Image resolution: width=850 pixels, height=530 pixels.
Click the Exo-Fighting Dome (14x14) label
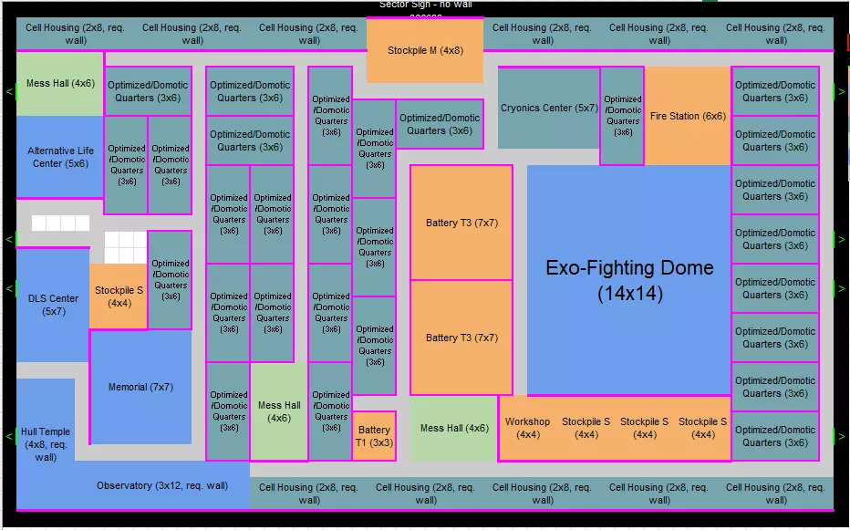tap(629, 280)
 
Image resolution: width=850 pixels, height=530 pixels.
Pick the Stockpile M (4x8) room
tap(425, 50)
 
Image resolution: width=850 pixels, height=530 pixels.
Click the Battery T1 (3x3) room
tap(374, 436)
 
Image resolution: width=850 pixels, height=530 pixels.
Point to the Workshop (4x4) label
tap(527, 428)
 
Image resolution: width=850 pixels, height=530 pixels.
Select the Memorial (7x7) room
tap(140, 387)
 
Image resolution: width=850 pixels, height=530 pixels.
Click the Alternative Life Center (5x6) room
tap(60, 157)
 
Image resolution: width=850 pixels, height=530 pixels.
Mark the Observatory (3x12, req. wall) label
tap(162, 485)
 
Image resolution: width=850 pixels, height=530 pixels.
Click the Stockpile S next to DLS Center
tap(119, 296)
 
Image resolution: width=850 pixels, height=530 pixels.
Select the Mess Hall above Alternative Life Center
tap(60, 84)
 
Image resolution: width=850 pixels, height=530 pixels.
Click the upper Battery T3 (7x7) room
tap(461, 223)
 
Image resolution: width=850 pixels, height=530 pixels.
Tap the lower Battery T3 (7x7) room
tap(461, 338)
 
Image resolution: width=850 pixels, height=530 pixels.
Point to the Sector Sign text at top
tap(425, 5)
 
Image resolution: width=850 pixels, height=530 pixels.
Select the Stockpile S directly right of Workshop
tap(586, 428)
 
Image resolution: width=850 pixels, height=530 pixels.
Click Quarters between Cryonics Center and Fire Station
tap(622, 116)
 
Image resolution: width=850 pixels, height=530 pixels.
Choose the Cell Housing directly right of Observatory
tap(308, 494)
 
